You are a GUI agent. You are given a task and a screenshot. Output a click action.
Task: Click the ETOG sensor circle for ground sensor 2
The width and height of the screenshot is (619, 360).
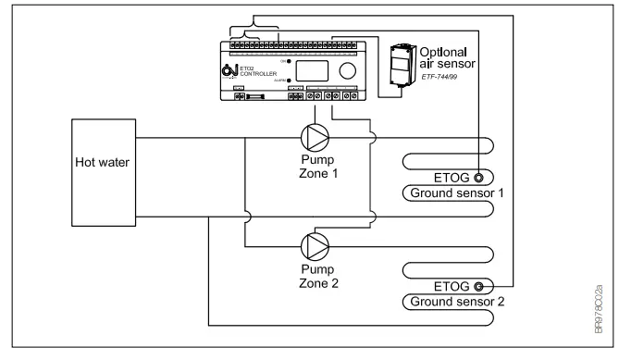479,286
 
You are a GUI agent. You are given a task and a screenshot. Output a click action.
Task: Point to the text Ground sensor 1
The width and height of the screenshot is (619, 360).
447,193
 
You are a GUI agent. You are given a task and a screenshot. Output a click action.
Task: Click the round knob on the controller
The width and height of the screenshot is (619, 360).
347,70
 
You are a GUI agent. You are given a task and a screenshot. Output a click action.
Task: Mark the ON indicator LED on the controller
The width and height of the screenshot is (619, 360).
289,61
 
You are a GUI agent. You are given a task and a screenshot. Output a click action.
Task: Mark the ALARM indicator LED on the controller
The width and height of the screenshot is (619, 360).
289,81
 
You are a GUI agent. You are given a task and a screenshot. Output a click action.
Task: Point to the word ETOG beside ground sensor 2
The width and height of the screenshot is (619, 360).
451,286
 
